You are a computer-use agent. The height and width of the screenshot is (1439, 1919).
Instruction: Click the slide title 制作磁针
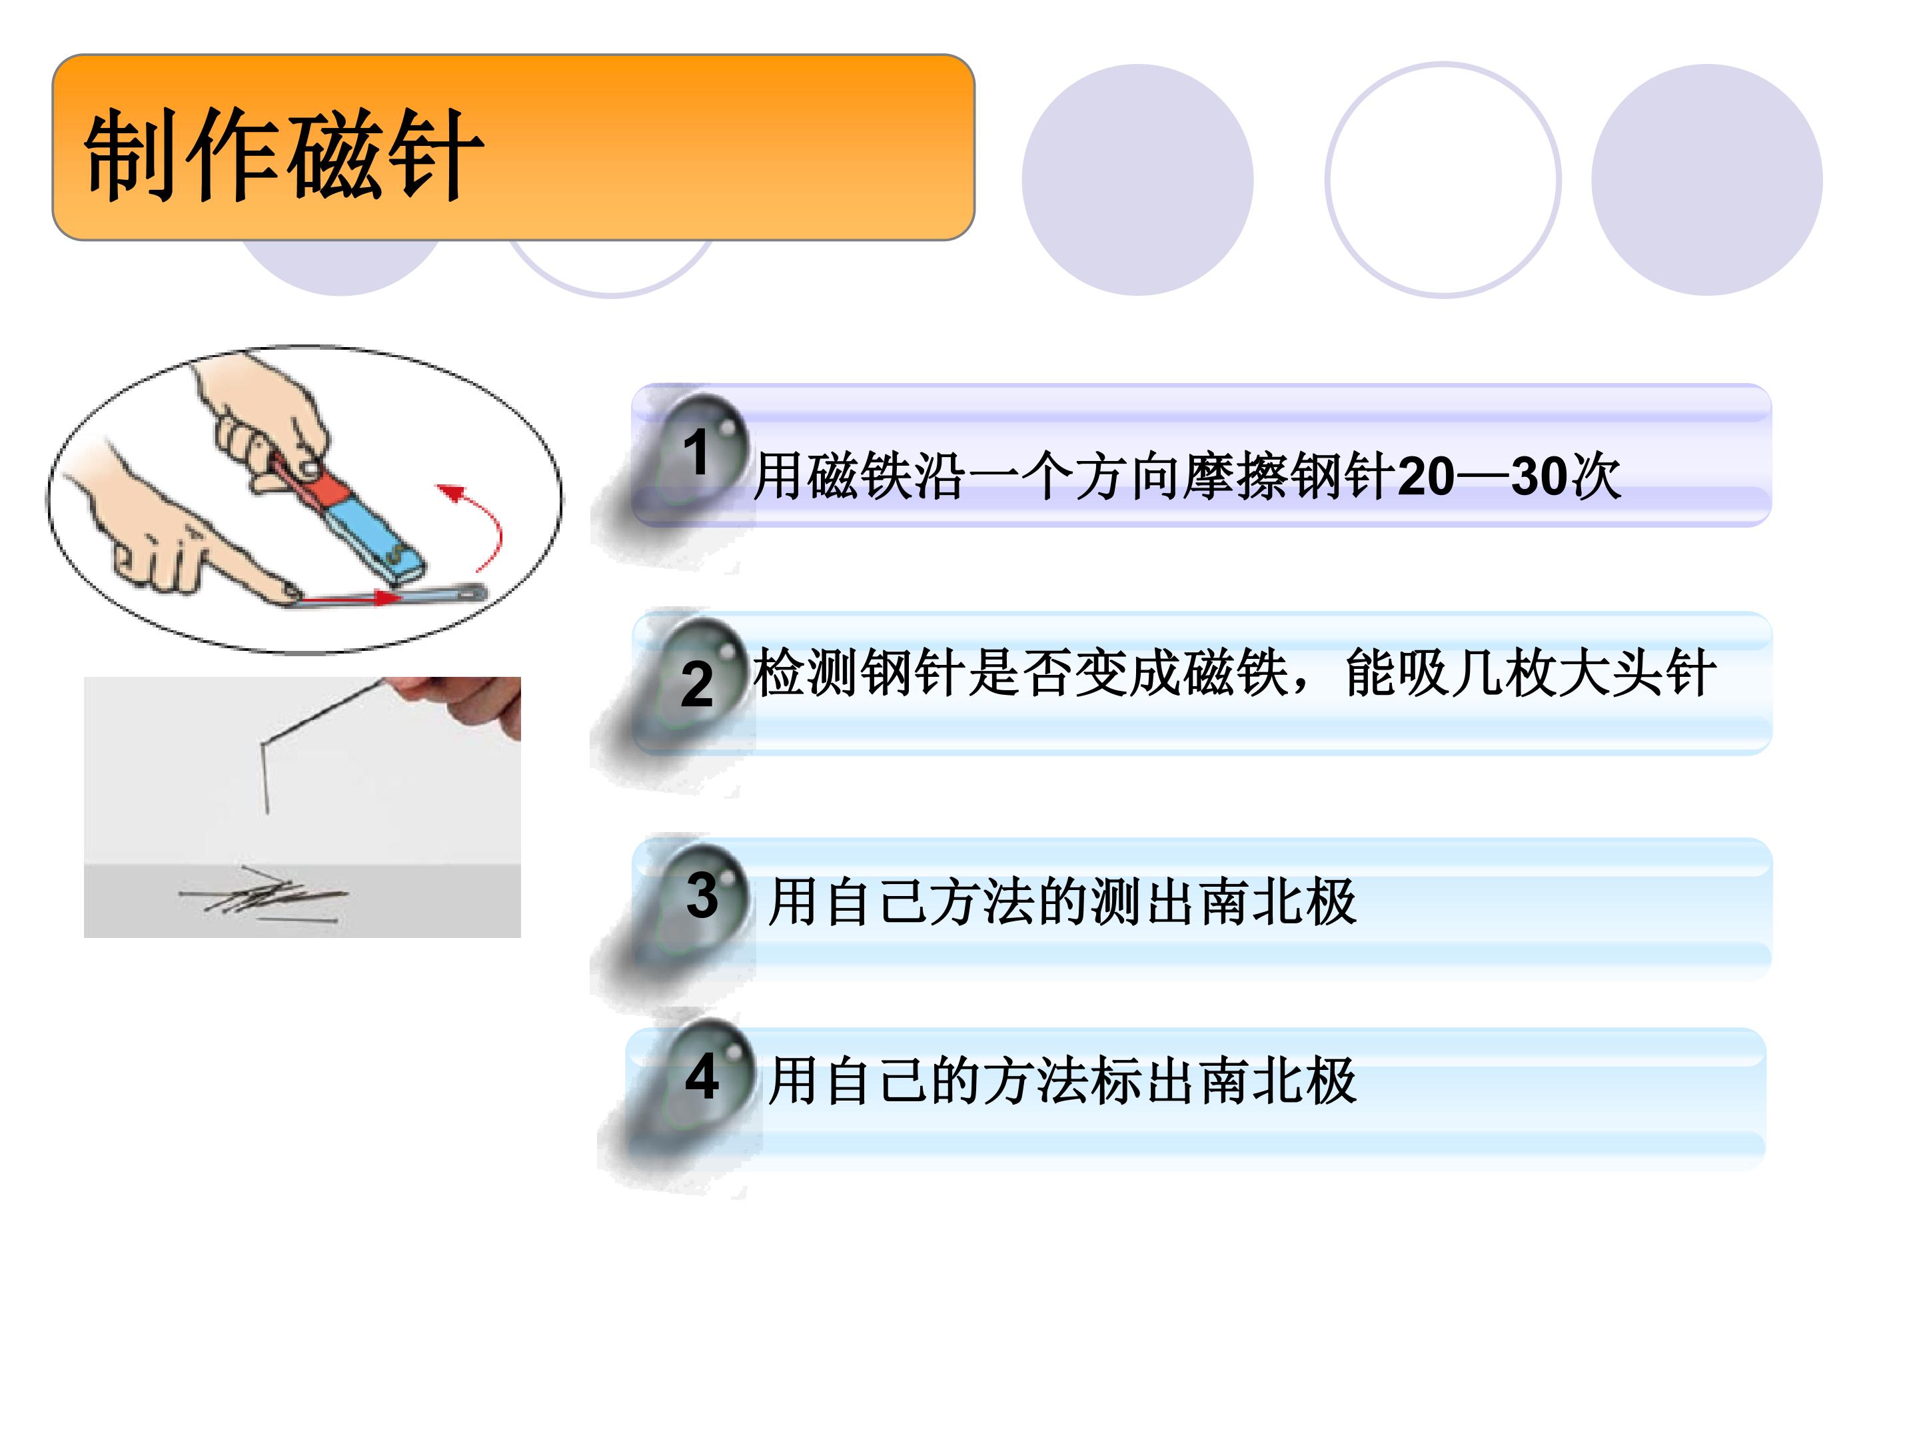tap(283, 155)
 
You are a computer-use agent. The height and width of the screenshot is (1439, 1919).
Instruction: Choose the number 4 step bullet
tap(703, 1077)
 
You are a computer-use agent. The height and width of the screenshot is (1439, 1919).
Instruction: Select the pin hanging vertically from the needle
tap(264, 778)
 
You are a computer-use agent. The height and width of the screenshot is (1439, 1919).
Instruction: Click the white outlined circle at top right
tap(1443, 180)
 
